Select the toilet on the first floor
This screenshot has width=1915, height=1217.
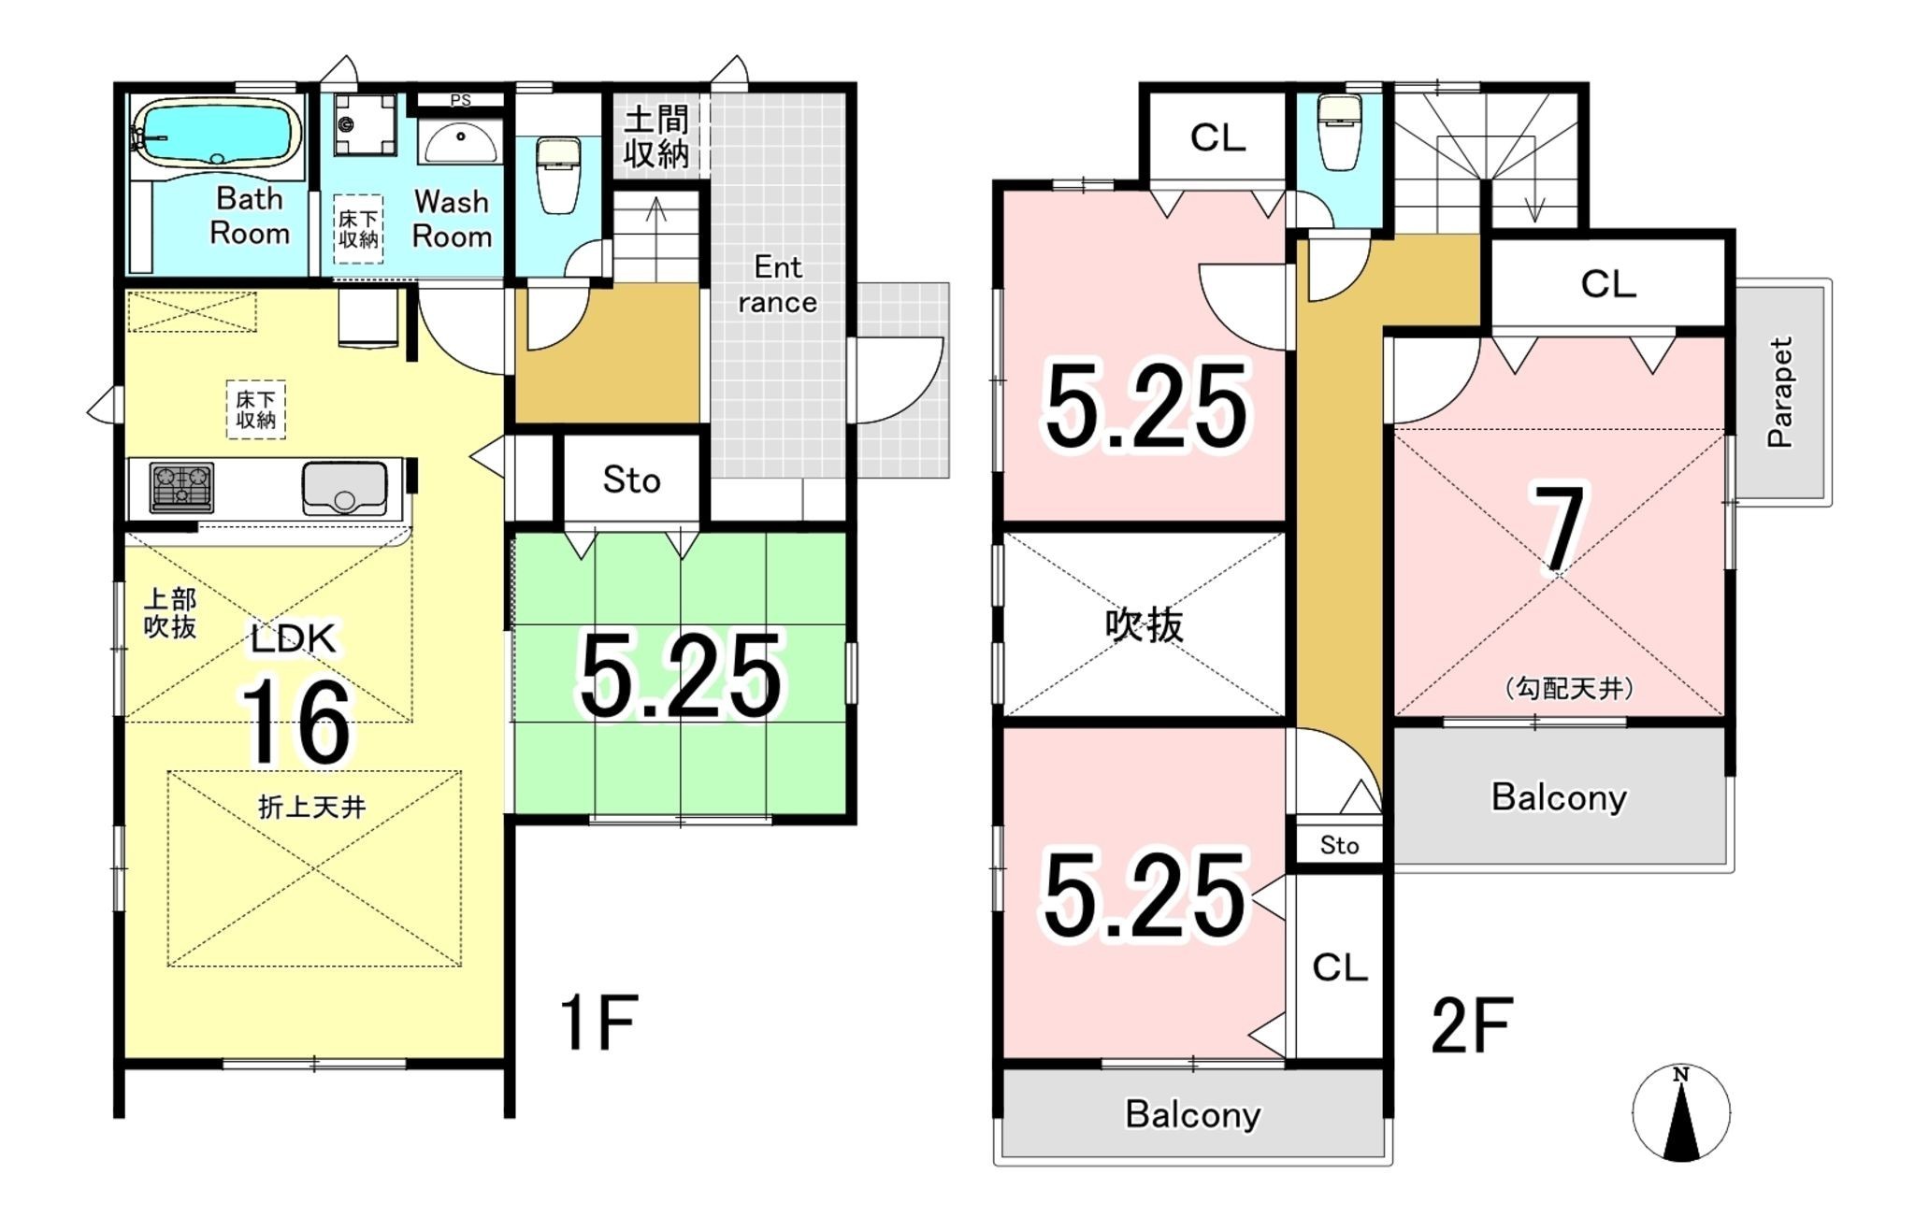click(x=558, y=174)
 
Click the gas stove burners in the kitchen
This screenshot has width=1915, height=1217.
click(x=181, y=487)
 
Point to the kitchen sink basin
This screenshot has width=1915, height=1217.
click(x=344, y=487)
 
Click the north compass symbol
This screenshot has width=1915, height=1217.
click(x=1681, y=1112)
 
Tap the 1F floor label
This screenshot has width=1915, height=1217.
click(x=598, y=1023)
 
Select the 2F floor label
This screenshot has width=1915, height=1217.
click(x=1472, y=1025)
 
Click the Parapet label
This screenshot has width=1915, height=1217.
click(x=1780, y=393)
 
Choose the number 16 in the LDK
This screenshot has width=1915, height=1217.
click(x=296, y=723)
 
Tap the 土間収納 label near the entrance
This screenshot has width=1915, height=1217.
click(x=656, y=136)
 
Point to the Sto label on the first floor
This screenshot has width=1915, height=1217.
click(x=631, y=480)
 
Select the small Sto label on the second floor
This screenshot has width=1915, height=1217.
click(x=1339, y=845)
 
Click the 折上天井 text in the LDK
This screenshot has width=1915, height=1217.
click(x=311, y=806)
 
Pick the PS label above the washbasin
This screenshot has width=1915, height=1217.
click(x=461, y=100)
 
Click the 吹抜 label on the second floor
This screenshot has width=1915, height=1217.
click(x=1145, y=624)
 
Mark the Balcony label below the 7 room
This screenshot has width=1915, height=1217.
click(x=1559, y=797)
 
